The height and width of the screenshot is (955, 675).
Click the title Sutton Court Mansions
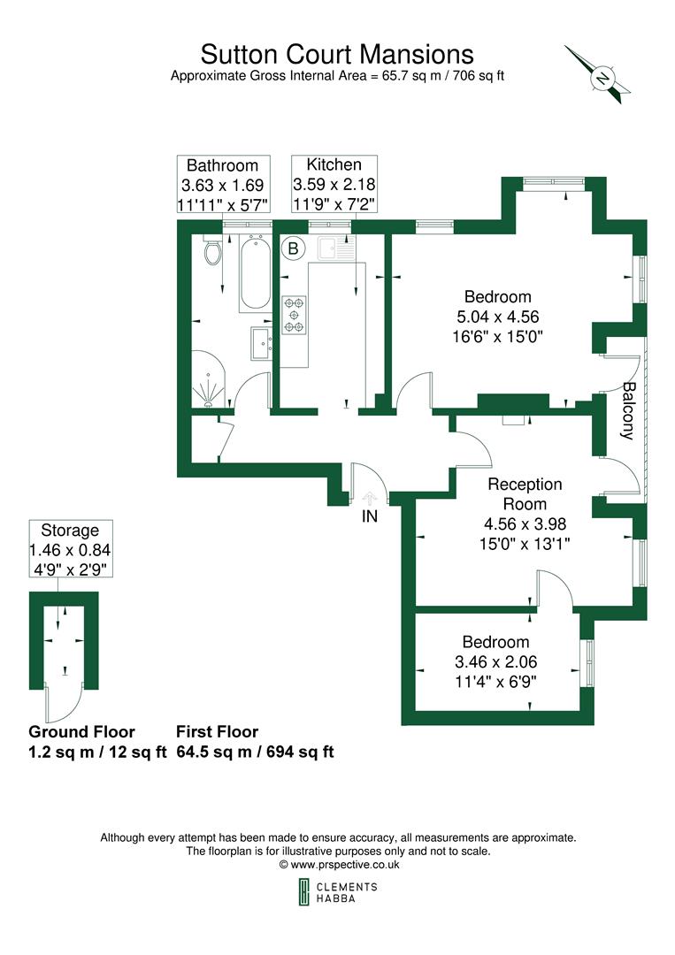(x=336, y=54)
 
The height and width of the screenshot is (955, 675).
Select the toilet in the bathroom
(x=212, y=254)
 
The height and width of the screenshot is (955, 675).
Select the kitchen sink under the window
(x=335, y=250)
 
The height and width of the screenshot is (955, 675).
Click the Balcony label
(x=627, y=410)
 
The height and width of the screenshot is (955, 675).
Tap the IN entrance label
(x=369, y=516)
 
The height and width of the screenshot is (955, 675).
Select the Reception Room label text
(x=525, y=493)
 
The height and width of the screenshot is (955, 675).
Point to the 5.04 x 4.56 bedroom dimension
(x=498, y=317)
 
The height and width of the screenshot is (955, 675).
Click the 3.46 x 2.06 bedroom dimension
(x=495, y=661)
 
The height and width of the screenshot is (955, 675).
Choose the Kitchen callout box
(x=334, y=184)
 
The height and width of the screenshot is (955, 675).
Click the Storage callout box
(x=70, y=549)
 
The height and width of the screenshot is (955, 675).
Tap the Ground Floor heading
(x=81, y=732)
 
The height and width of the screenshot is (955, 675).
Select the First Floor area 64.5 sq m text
(x=254, y=753)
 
